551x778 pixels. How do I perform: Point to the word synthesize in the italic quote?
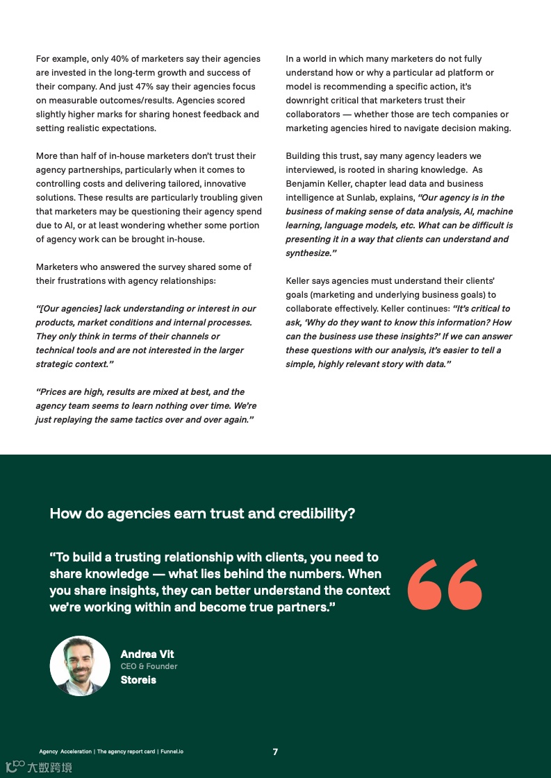(308, 253)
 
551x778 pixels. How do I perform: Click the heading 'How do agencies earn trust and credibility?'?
(202, 514)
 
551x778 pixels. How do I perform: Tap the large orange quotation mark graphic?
(445, 584)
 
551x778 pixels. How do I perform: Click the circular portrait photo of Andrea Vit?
(80, 666)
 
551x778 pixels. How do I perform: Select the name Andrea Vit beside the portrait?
(147, 654)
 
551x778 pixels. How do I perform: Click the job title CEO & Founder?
(149, 666)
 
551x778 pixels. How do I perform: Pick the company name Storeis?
(138, 679)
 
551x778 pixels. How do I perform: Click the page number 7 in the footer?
(275, 752)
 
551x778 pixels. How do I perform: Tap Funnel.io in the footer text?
(172, 752)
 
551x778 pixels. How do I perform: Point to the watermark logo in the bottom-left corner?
(39, 767)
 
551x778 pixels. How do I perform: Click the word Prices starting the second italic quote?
(54, 392)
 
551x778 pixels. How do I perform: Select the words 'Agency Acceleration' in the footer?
(65, 752)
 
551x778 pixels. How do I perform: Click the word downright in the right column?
(308, 101)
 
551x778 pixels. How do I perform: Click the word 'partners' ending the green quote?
(304, 607)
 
